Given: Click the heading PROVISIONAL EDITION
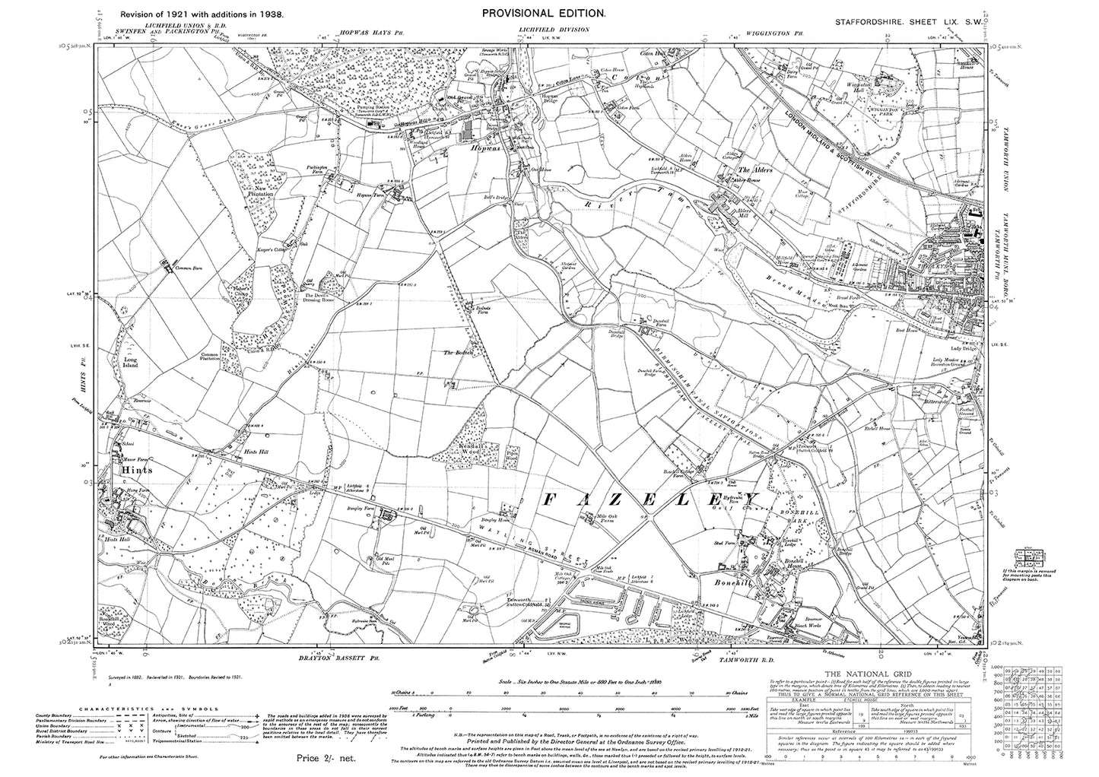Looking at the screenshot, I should point(543,13).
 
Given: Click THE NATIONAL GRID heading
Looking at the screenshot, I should point(866,674).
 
